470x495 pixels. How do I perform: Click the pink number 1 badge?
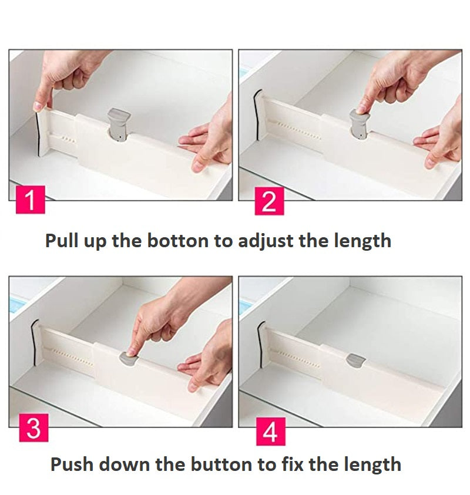[31, 200]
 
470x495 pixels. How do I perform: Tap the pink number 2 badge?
[269, 201]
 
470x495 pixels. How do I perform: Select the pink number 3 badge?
[34, 427]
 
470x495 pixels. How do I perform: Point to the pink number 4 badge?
[270, 431]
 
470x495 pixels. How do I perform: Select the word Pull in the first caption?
[62, 241]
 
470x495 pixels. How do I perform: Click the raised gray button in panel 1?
[119, 124]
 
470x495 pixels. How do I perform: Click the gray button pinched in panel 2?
[360, 124]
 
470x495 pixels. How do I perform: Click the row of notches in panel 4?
[300, 359]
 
